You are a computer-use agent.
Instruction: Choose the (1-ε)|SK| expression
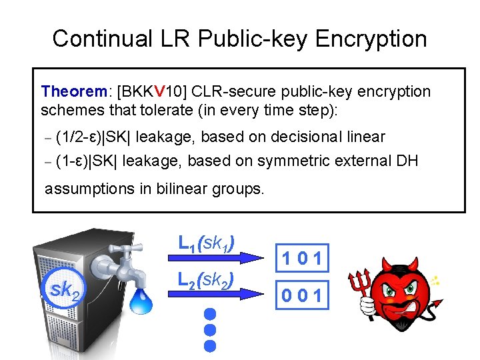[86, 161]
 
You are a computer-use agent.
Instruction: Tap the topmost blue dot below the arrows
[211, 313]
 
